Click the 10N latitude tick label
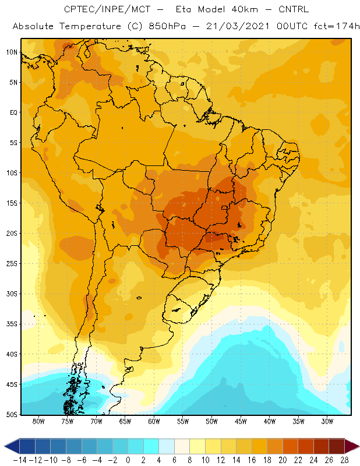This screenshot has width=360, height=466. (x=12, y=52)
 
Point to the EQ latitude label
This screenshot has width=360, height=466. (x=13, y=112)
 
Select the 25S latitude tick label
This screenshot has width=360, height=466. (x=12, y=264)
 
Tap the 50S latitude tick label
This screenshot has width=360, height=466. (x=12, y=415)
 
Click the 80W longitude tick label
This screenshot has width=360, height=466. (x=38, y=421)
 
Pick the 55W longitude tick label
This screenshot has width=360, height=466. (x=183, y=421)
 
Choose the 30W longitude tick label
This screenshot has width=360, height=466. (x=327, y=421)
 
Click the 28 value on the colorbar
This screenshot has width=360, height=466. (x=344, y=460)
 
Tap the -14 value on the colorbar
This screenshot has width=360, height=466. (x=20, y=460)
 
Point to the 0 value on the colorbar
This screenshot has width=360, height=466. (x=128, y=460)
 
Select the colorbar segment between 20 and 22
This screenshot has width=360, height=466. (x=291, y=446)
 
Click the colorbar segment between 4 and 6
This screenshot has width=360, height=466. (x=167, y=446)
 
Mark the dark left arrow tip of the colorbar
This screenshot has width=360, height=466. (x=5, y=446)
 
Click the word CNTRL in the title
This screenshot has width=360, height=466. (x=294, y=9)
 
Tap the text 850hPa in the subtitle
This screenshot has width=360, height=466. (x=167, y=26)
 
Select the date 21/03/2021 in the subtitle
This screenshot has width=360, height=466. (x=238, y=26)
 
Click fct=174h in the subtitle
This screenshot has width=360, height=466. (x=337, y=26)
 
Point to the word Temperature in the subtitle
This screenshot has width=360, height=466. (x=90, y=26)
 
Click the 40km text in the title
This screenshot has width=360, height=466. (x=245, y=9)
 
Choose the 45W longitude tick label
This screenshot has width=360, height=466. (x=241, y=421)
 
